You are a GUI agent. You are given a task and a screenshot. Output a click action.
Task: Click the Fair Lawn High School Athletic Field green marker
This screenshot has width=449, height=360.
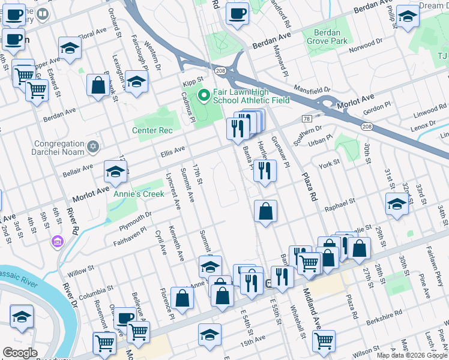203,95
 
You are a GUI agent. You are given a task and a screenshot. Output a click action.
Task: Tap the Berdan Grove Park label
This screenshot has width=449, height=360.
327,37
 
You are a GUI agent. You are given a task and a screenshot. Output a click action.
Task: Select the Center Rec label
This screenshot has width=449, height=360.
152,130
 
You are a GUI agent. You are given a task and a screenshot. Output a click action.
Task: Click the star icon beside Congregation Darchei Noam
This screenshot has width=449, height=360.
92,147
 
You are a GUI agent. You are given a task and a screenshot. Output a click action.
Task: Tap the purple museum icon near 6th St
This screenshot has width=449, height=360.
58,242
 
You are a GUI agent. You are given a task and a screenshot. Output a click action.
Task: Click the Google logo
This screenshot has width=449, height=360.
20,352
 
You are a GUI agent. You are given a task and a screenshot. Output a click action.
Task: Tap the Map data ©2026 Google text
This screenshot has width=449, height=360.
412,355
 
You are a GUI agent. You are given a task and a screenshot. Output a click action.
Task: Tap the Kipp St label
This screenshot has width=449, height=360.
193,79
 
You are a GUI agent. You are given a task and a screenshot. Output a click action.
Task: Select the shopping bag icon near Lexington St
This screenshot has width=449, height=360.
98,85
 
